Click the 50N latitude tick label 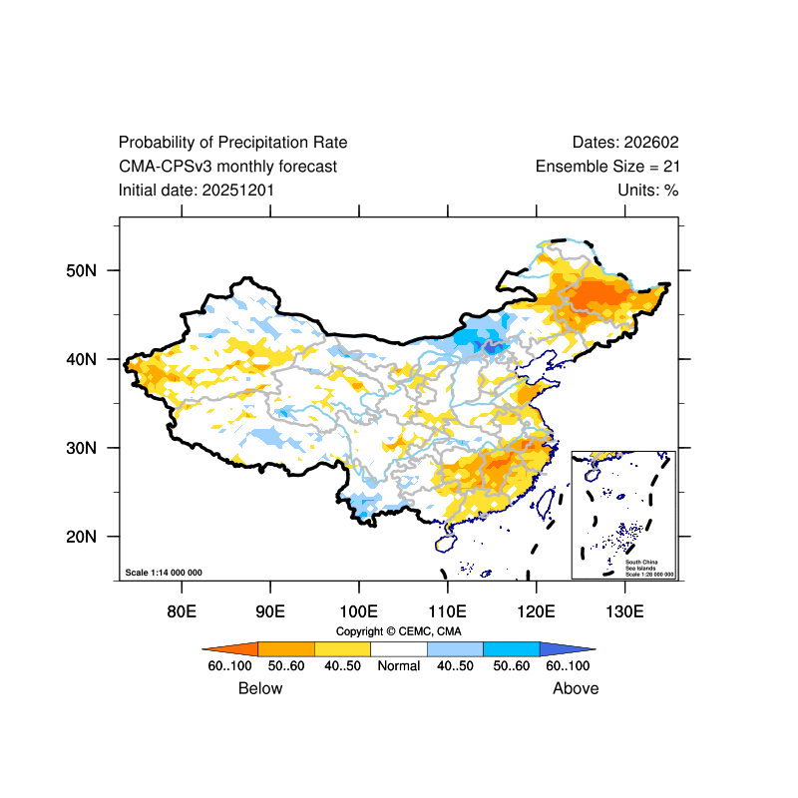tap(80, 270)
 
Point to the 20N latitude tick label tap(80, 537)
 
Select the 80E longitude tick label tap(181, 610)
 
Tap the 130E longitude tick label tap(624, 610)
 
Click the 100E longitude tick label tap(358, 610)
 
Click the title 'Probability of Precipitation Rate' tap(232, 143)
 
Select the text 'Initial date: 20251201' tap(197, 190)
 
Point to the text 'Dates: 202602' tap(625, 143)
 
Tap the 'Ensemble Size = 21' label tap(607, 167)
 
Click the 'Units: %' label tap(647, 190)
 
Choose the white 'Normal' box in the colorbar tap(399, 647)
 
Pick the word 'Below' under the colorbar tap(260, 688)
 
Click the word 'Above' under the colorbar tap(576, 688)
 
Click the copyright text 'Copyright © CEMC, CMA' tap(399, 631)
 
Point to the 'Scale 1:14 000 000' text tap(164, 573)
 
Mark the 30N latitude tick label tap(80, 448)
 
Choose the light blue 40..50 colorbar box tap(455, 647)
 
